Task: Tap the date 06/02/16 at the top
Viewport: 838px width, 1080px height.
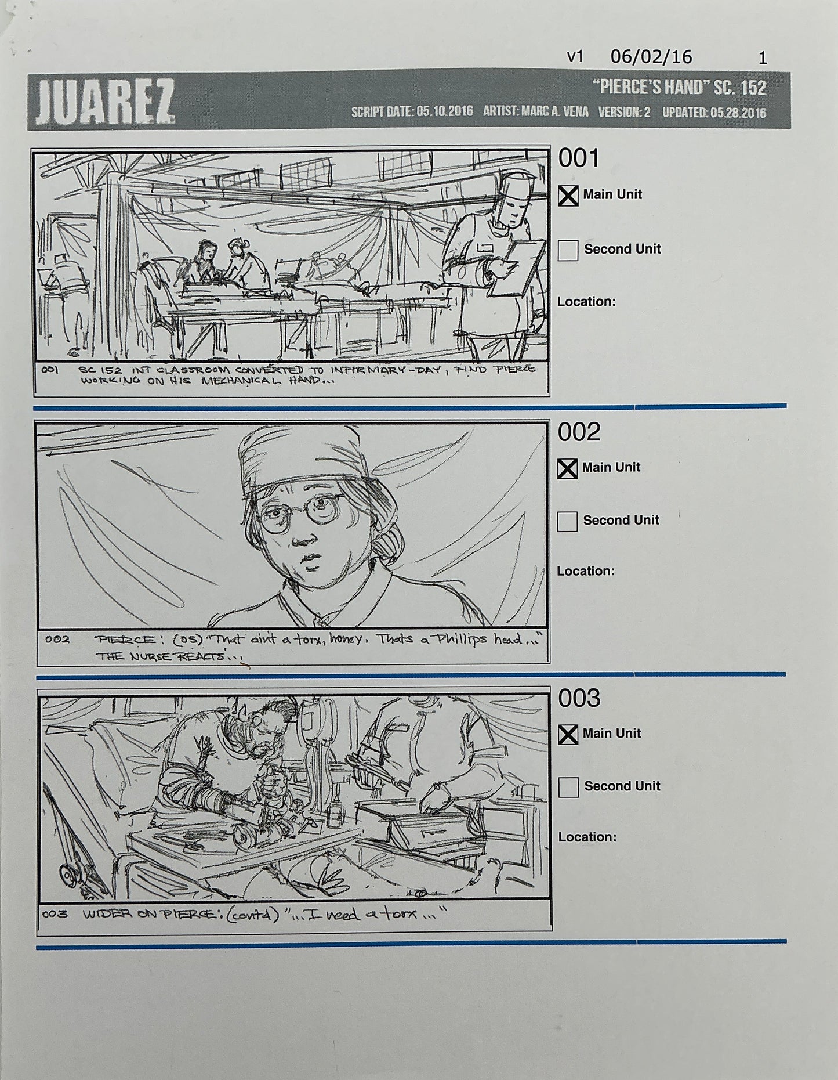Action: (651, 57)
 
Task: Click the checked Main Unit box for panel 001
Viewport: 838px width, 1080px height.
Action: (568, 196)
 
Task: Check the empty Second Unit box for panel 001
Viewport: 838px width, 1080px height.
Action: (568, 250)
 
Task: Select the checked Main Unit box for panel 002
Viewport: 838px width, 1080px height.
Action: (567, 469)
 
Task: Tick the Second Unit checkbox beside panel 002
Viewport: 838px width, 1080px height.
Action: (567, 521)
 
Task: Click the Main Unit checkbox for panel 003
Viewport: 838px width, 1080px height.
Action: (568, 735)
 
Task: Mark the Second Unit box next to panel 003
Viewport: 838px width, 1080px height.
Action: (568, 787)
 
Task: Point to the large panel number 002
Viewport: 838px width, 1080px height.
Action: (579, 432)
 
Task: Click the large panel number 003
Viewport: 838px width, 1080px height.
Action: (579, 699)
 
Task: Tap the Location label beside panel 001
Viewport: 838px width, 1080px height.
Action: (586, 302)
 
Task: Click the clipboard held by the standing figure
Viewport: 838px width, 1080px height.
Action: (525, 267)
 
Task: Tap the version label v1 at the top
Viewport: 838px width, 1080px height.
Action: (575, 57)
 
